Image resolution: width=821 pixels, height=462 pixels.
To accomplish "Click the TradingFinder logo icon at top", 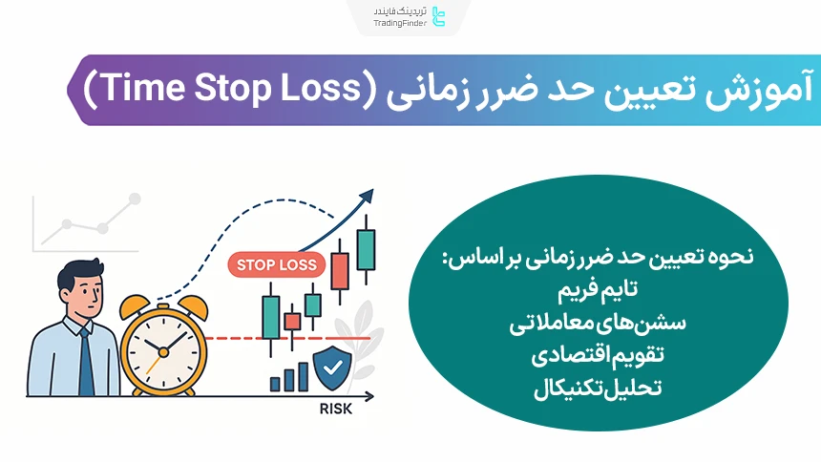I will pyautogui.click(x=438, y=16).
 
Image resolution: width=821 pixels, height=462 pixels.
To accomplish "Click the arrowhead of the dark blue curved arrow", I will pyautogui.click(x=365, y=197).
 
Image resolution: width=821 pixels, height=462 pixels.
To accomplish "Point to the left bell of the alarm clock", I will pyautogui.click(x=134, y=307).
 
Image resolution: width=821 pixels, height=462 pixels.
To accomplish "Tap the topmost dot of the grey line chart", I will pyautogui.click(x=135, y=199).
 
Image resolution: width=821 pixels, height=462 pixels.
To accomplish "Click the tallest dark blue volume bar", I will pyautogui.click(x=302, y=375).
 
